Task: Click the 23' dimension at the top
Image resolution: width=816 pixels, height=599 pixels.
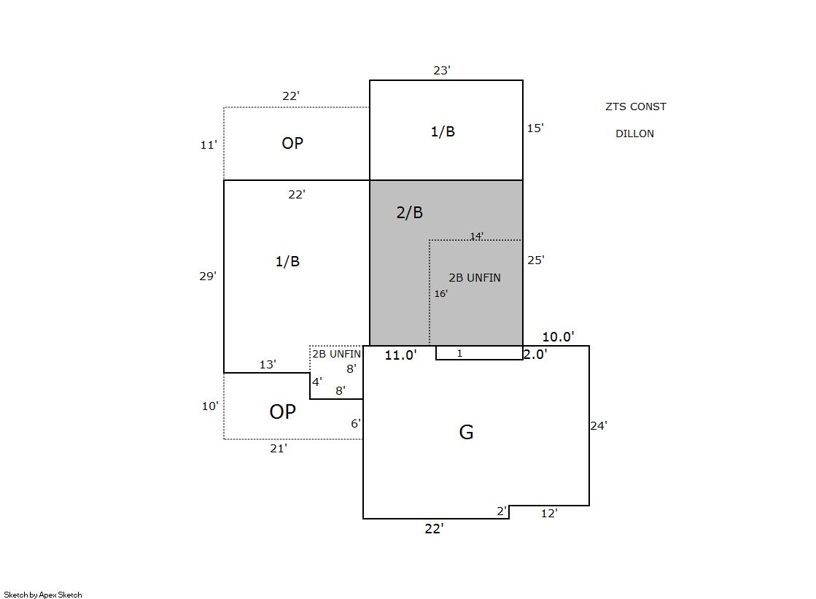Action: (442, 70)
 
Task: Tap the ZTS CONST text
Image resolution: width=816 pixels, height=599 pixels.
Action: (635, 107)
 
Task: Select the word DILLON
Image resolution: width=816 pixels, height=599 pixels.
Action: (635, 134)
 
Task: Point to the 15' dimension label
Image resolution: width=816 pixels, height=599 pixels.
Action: (535, 128)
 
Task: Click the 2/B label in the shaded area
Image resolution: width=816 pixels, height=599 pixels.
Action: (410, 212)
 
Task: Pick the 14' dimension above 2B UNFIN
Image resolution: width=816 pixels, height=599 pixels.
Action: (477, 236)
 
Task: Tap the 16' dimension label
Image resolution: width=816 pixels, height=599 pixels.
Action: (440, 294)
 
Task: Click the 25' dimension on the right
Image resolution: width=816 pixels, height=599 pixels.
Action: (536, 260)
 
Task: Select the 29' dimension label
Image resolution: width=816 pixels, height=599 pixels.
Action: (208, 276)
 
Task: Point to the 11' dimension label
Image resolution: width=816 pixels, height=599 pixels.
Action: (209, 144)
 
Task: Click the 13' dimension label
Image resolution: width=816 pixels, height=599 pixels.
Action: (268, 365)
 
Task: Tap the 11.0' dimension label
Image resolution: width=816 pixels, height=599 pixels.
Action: (401, 355)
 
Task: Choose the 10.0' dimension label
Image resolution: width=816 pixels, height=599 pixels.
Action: (559, 337)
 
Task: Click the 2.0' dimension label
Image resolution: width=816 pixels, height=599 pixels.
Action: (535, 354)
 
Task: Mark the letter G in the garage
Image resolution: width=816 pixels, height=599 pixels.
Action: (466, 433)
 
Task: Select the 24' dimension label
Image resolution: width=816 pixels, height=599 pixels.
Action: (599, 426)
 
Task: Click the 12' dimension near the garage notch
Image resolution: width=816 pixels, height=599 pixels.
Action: (549, 514)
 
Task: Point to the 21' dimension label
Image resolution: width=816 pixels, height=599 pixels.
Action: (279, 449)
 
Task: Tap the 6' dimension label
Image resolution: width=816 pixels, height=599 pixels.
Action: (355, 423)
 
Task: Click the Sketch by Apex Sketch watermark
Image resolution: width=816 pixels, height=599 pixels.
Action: (43, 595)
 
